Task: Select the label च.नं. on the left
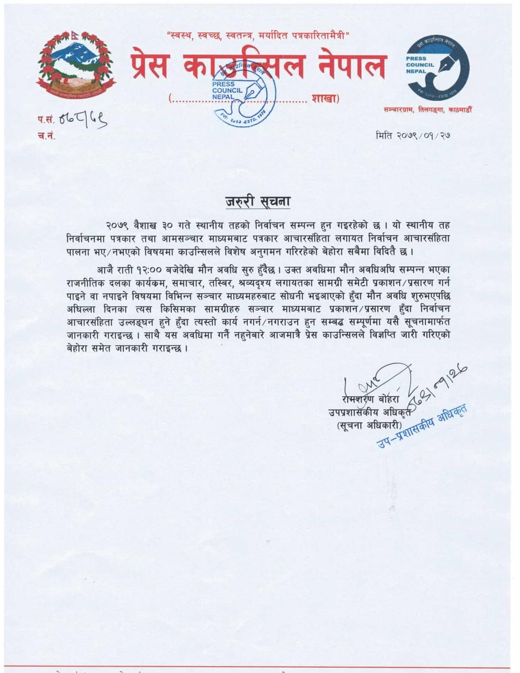tap(46, 136)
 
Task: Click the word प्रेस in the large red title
tap(150, 66)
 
